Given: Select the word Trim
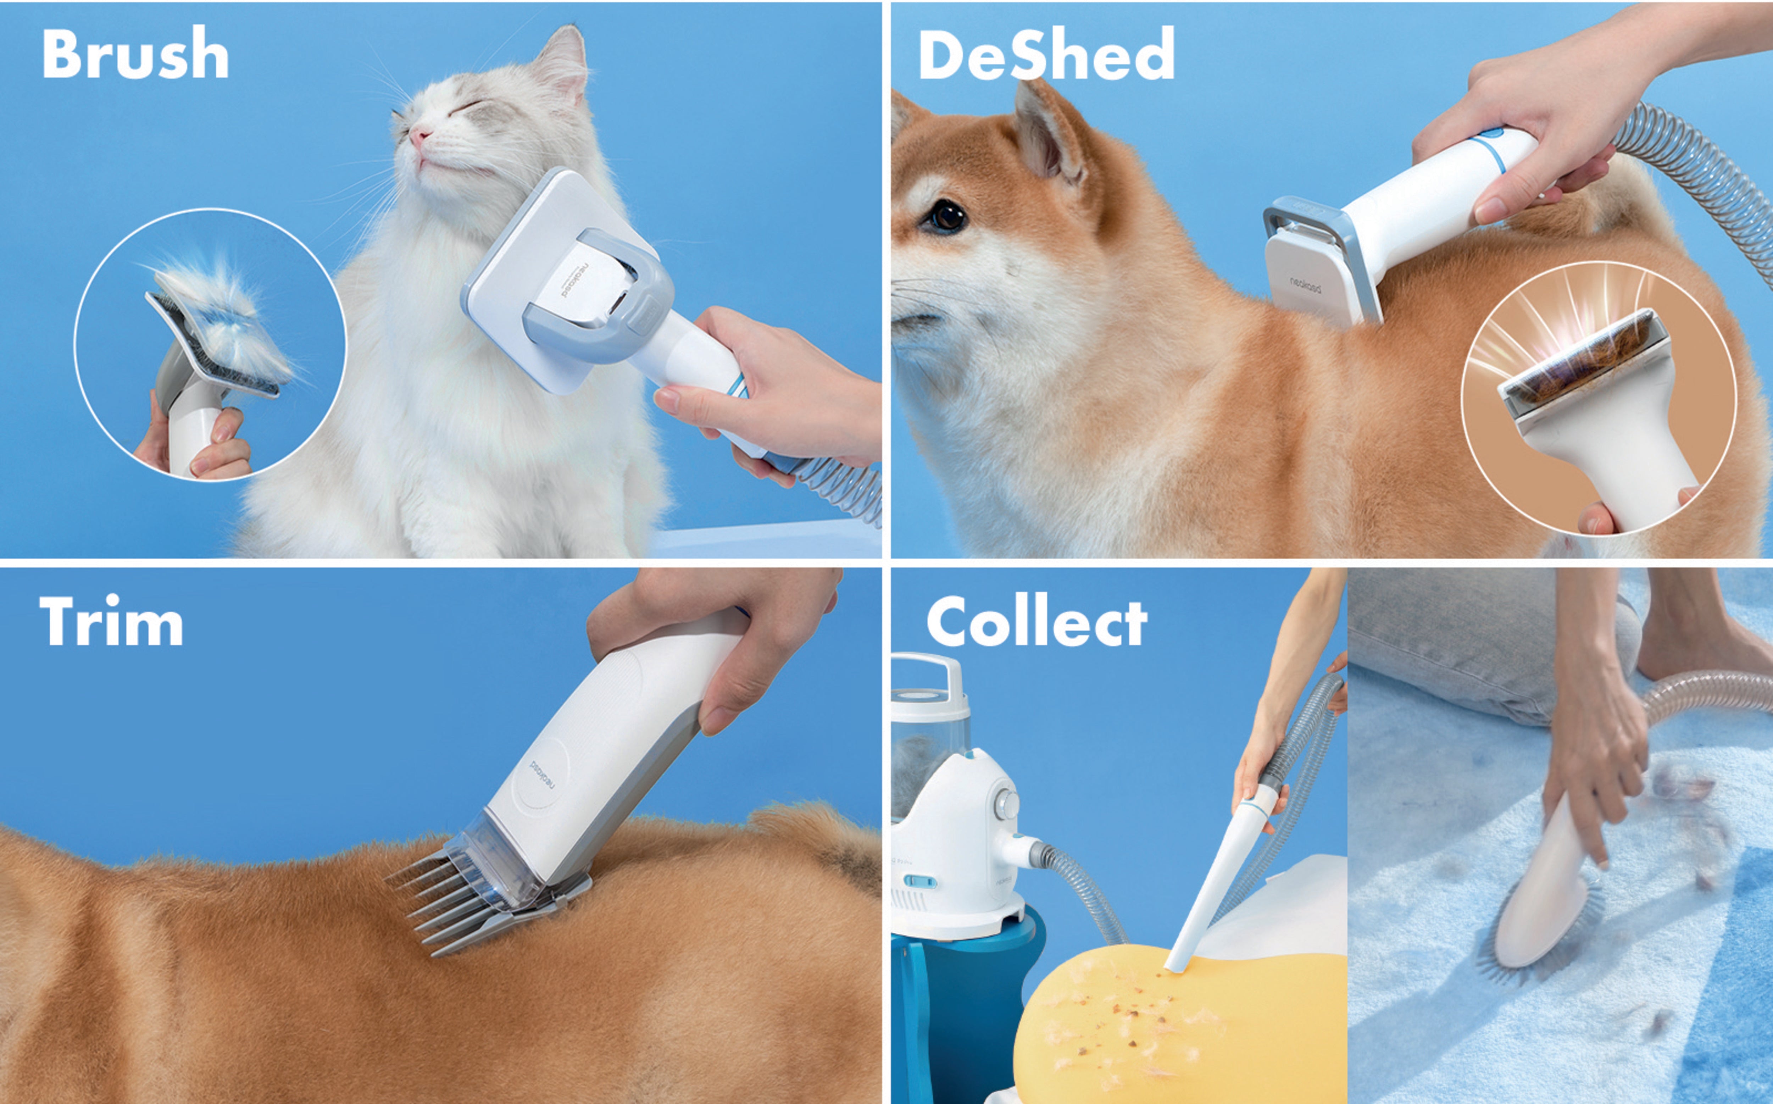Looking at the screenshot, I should click(x=111, y=622).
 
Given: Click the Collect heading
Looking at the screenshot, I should click(x=1036, y=622).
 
